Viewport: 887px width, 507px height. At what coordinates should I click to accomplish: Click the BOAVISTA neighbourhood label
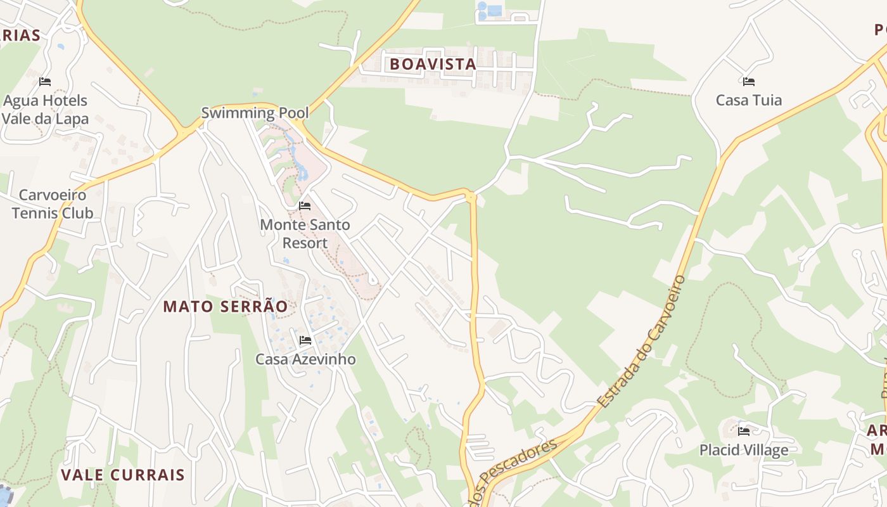click(433, 64)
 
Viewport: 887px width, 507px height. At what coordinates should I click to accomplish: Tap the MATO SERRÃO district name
click(226, 307)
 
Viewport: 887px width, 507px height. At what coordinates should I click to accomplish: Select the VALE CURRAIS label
click(123, 475)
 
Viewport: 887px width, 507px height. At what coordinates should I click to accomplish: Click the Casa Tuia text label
click(748, 100)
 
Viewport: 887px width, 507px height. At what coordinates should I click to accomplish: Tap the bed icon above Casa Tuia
click(748, 82)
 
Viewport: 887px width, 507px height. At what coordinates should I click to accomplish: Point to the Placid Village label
click(744, 450)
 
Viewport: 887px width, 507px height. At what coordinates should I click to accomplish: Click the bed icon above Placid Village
click(744, 432)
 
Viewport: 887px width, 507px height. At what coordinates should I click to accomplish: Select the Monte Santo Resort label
click(305, 234)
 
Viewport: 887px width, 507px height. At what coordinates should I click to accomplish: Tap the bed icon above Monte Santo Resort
click(305, 206)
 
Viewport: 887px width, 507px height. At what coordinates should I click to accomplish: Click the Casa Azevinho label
click(305, 359)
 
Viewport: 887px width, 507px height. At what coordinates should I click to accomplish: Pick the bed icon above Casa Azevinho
click(305, 340)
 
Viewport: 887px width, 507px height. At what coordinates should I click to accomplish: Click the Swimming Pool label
click(255, 113)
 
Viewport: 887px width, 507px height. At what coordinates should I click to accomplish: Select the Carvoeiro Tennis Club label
click(53, 204)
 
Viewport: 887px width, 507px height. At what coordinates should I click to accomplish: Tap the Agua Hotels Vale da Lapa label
click(45, 110)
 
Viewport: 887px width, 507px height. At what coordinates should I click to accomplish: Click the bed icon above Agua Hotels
click(45, 82)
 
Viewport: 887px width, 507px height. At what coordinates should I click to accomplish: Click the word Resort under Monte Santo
click(305, 243)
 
